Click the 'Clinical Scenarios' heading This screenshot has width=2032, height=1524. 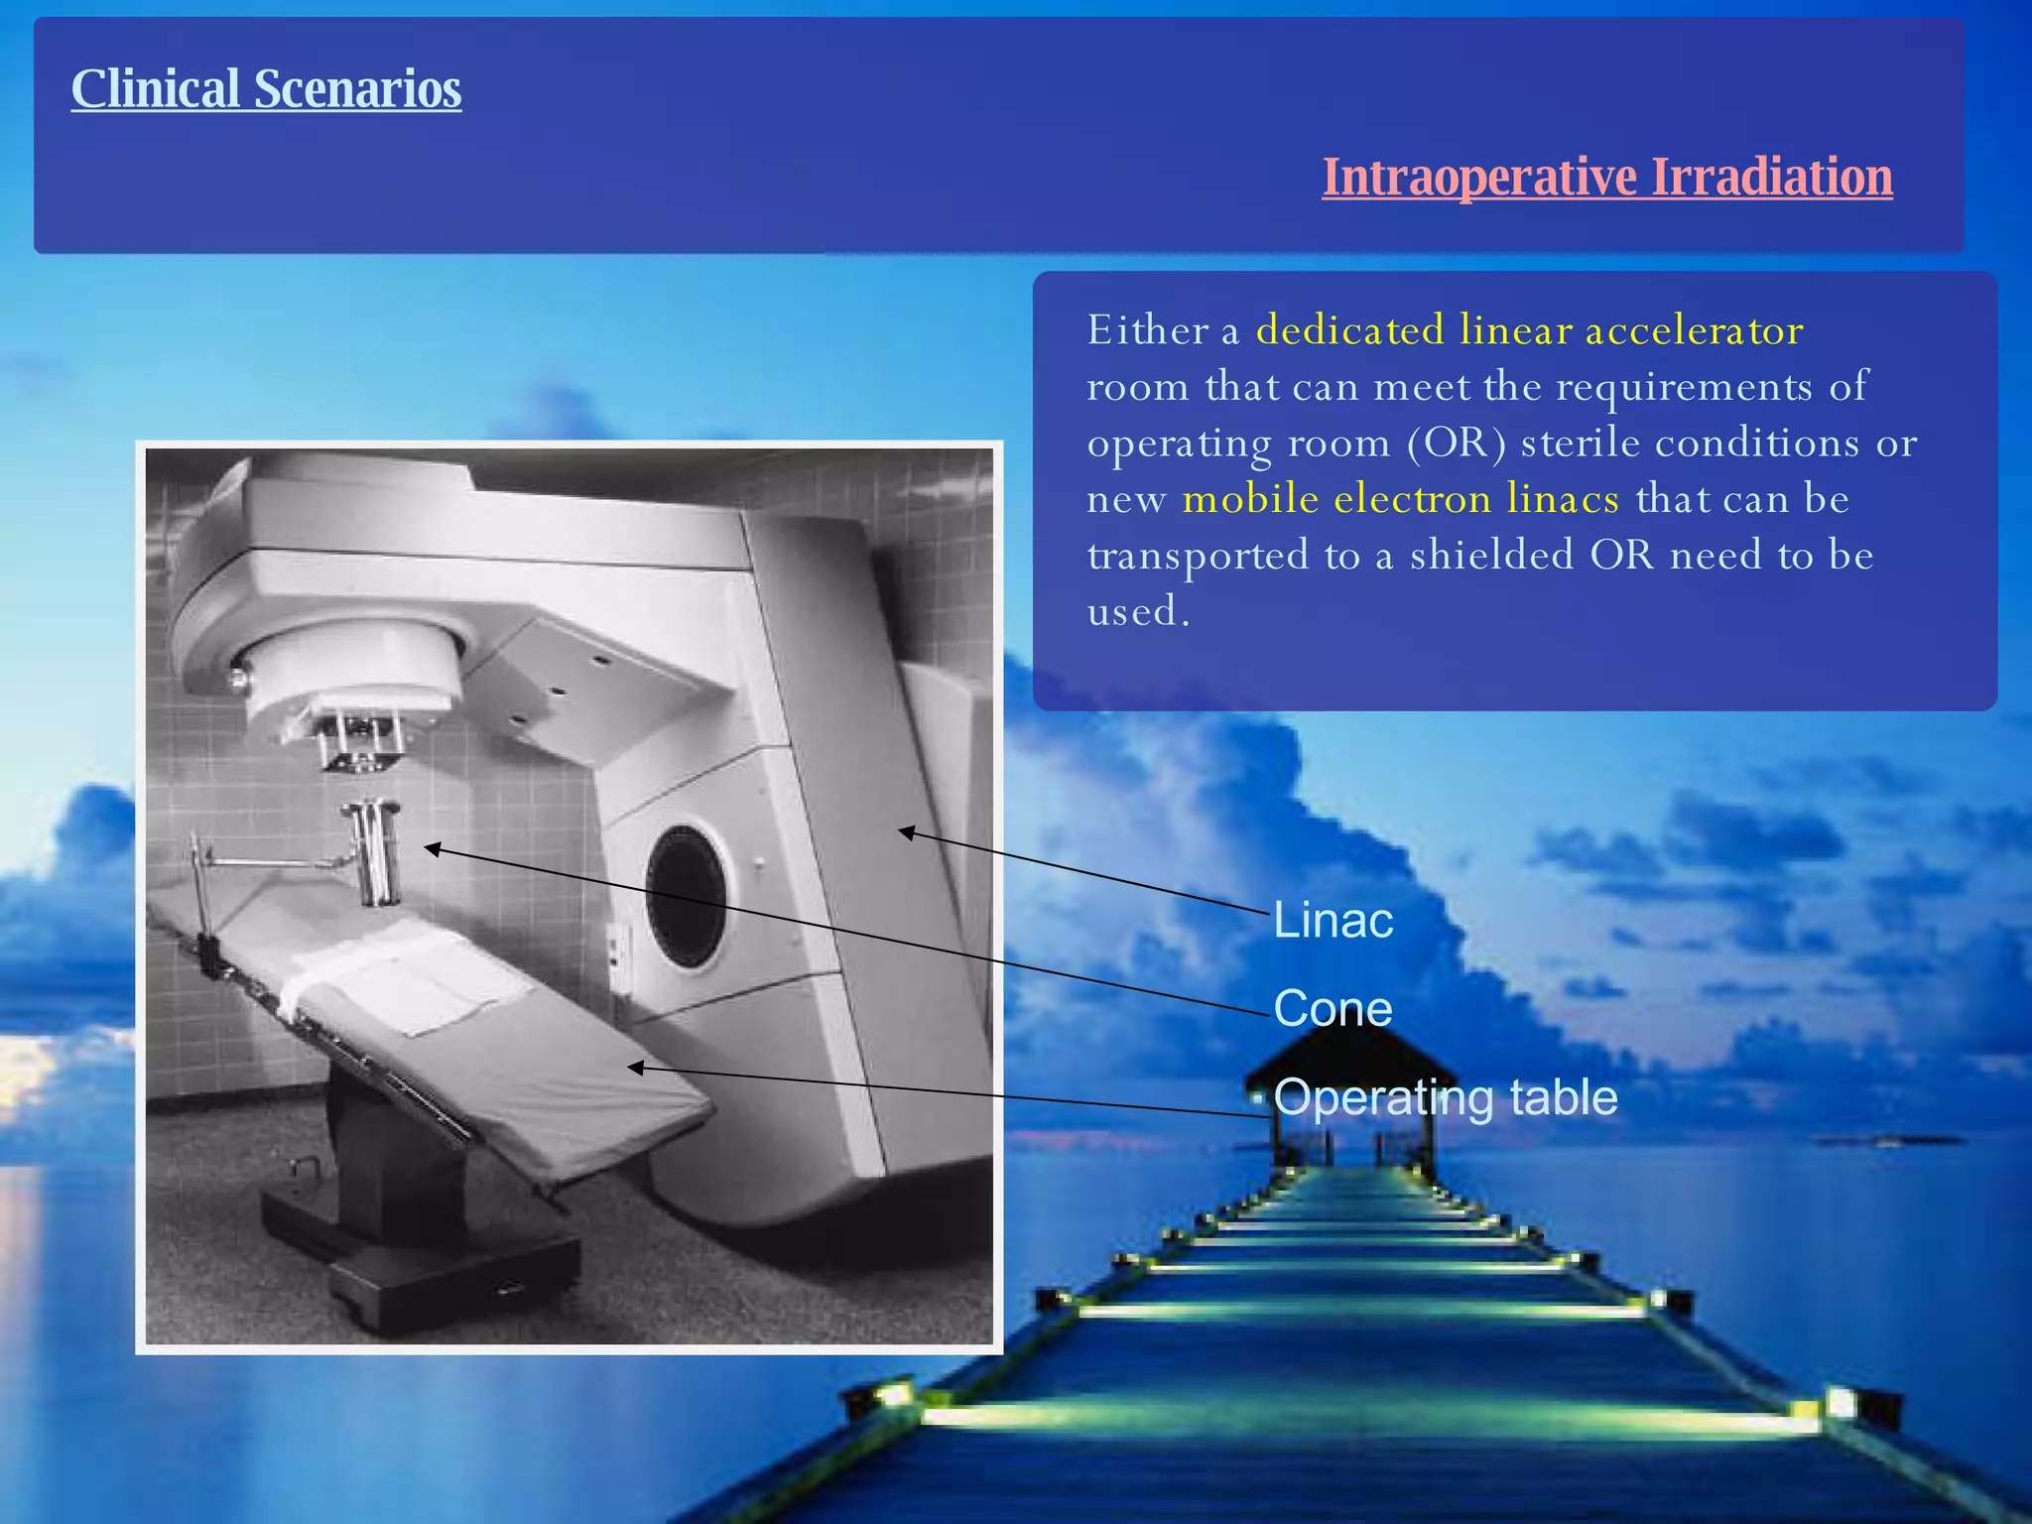[266, 89]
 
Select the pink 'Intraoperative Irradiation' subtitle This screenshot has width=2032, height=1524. [1606, 178]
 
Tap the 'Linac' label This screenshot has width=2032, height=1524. [1333, 921]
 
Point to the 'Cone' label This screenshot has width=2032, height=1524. [1333, 1009]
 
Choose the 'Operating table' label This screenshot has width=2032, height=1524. [1445, 1097]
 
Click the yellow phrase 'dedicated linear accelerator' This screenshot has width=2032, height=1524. [1529, 330]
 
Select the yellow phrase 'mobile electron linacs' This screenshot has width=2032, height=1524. [1400, 499]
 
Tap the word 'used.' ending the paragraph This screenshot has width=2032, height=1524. [1137, 611]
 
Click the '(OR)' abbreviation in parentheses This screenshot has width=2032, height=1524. [1456, 443]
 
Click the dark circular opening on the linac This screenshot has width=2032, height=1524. [687, 896]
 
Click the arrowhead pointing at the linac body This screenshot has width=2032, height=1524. [906, 832]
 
